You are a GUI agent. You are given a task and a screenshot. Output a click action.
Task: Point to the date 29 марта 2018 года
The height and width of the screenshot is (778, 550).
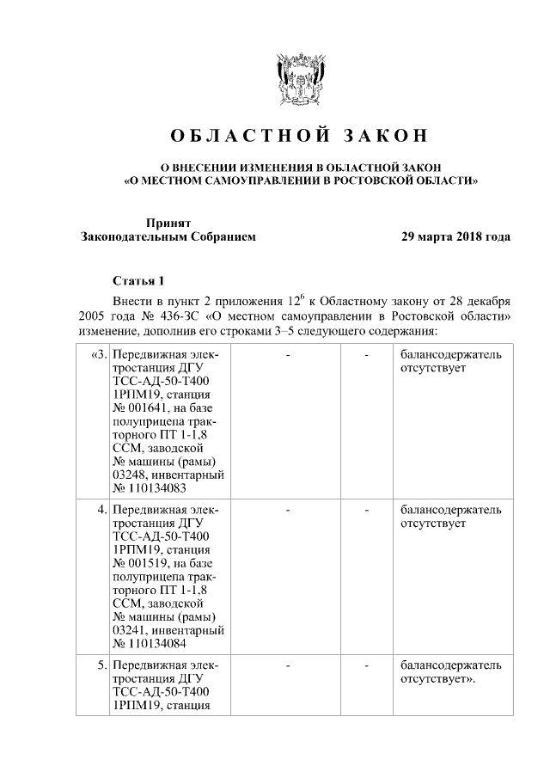(455, 236)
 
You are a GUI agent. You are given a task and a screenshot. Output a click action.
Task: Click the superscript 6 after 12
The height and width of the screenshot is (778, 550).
(302, 297)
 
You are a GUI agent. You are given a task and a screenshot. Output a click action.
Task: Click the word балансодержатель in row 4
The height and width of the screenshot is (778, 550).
(450, 511)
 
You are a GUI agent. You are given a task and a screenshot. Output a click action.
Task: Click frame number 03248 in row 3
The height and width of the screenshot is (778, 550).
(129, 475)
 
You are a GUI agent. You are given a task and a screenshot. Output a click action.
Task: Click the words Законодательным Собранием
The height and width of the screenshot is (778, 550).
(168, 236)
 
